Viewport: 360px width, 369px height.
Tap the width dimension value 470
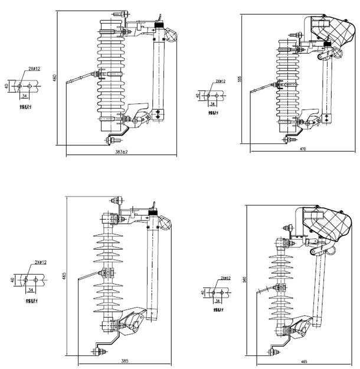tap(303, 149)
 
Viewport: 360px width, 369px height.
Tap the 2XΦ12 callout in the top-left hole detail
tap(34, 69)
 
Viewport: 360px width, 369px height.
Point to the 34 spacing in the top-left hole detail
tap(25, 94)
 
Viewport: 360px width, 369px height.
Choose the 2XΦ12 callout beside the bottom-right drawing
tap(224, 278)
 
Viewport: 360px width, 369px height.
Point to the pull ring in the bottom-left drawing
tap(166, 226)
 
